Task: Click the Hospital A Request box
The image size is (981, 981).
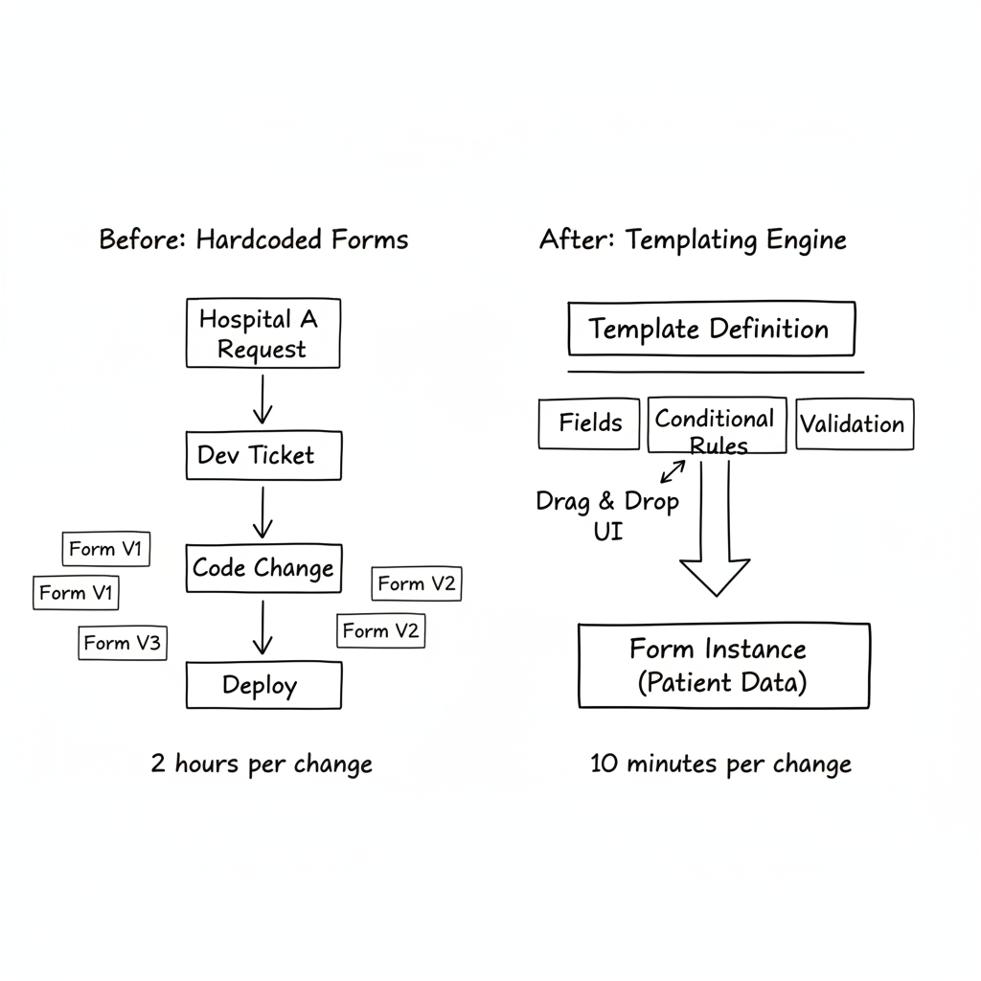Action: [262, 333]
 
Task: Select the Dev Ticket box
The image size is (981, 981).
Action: [262, 455]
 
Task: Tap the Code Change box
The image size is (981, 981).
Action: [262, 568]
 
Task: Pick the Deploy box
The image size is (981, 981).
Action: [262, 685]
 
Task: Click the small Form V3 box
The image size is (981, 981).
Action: [122, 643]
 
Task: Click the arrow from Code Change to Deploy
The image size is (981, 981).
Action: [262, 629]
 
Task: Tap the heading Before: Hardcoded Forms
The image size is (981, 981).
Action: [254, 239]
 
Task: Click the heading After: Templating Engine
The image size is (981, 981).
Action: [693, 239]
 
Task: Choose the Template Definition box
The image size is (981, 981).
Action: [710, 330]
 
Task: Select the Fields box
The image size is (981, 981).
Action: [589, 423]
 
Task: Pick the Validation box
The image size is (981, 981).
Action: [854, 424]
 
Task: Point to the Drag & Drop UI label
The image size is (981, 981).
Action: [606, 514]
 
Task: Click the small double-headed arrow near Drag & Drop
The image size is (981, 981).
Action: [673, 470]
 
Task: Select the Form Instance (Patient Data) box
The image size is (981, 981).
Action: [723, 666]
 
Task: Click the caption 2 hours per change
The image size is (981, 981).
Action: [262, 764]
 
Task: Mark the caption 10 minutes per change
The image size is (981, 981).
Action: [720, 764]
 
